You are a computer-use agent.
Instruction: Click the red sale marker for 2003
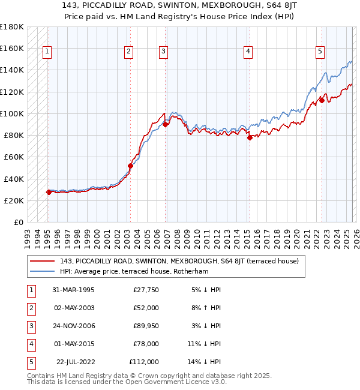[130, 166]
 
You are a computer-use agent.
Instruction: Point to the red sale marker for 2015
[250, 137]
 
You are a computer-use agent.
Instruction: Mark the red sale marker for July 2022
[322, 100]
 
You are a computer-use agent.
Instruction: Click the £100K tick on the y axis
[12, 113]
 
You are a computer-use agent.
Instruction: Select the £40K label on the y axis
[13, 179]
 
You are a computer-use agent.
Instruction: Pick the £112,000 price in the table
[144, 362]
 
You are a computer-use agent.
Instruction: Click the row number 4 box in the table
[30, 344]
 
